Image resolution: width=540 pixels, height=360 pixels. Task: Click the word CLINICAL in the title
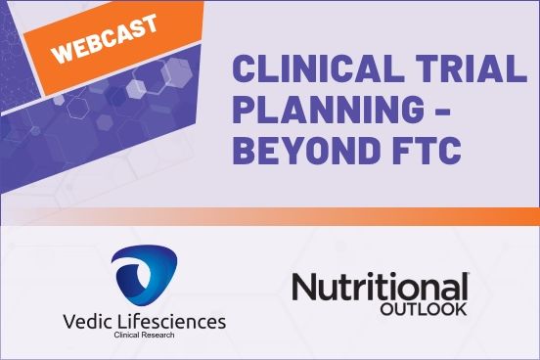click(311, 70)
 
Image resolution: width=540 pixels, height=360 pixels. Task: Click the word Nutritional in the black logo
click(380, 287)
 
